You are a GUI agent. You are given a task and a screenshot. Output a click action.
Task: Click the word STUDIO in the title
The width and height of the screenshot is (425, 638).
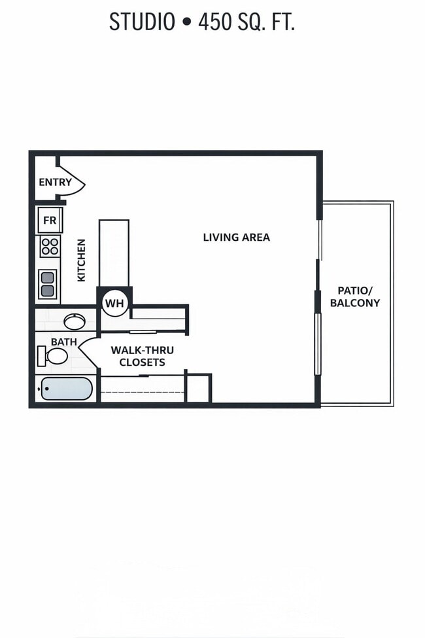coord(142,22)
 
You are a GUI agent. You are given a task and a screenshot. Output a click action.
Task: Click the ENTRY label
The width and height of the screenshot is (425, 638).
coord(55,183)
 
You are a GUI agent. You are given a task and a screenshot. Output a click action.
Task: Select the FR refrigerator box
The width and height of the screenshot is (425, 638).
coord(50,221)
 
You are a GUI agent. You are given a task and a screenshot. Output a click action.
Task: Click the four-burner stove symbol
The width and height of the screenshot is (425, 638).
coord(50,247)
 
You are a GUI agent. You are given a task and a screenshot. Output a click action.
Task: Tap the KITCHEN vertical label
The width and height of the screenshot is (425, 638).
coord(81,260)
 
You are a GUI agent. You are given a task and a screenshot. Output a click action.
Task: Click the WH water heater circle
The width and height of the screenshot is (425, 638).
coord(114,304)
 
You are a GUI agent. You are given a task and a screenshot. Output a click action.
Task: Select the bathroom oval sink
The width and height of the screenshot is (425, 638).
coord(74,321)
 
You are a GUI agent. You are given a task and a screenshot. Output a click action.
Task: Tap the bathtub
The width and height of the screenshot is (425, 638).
coord(65,389)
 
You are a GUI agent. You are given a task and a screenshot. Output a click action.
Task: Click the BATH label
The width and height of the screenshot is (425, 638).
coord(63,342)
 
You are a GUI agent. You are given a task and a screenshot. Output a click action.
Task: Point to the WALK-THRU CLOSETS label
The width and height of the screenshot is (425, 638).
coord(142,356)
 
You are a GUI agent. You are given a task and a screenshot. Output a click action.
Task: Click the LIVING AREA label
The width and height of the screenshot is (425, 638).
coord(236,237)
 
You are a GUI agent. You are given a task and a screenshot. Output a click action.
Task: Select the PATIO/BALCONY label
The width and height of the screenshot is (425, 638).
coord(354,296)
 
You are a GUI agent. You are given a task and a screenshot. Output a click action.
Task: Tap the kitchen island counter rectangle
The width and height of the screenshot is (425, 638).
coord(114,253)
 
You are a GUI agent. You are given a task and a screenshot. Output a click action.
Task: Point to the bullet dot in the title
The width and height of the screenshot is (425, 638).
coord(186,23)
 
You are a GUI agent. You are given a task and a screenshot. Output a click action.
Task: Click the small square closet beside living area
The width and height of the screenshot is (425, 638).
coord(197,389)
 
